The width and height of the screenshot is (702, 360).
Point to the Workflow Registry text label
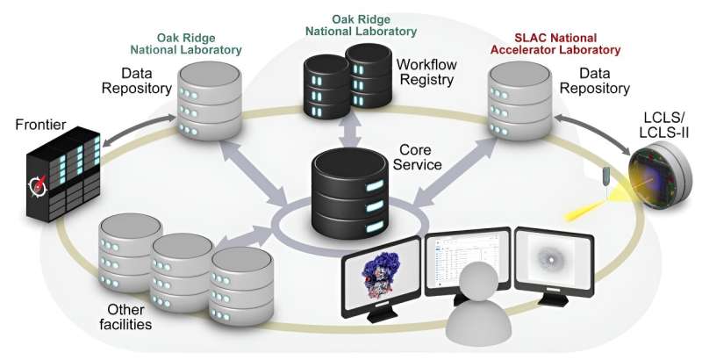(x=426, y=73)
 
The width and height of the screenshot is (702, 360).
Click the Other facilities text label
(x=128, y=317)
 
